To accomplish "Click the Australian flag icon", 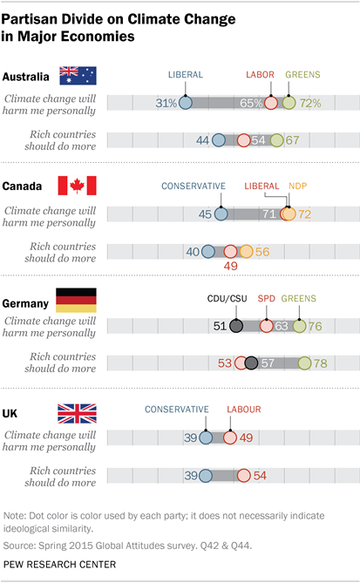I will click(78, 77).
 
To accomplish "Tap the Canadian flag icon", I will click(77, 186).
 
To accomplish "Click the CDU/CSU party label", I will click(227, 299).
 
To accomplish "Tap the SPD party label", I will click(268, 299).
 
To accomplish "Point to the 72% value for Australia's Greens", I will click(309, 103).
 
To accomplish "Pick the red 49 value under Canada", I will click(230, 266).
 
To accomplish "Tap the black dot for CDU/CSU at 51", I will click(234, 327).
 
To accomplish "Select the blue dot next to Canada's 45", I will click(221, 214).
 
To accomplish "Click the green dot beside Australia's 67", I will click(276, 140).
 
